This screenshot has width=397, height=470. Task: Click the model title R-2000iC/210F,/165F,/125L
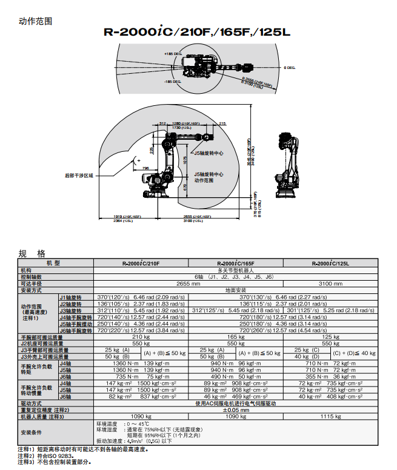198,33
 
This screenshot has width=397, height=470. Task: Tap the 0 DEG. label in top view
290,68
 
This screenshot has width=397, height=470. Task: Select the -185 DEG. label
172,80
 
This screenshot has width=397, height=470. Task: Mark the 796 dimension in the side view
145,168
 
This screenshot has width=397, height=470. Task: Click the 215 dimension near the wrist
222,123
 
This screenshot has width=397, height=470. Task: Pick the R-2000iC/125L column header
330,263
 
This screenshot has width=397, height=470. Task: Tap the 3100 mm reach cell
330,282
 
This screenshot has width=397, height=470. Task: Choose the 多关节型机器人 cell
235,270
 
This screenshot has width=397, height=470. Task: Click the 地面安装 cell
235,290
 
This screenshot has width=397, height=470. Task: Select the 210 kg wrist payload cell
141,336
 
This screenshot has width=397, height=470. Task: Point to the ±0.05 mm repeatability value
235,410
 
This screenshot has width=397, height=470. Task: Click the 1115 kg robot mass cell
330,416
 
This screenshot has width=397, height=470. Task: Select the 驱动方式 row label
32,403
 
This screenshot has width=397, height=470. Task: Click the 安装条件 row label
32,432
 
